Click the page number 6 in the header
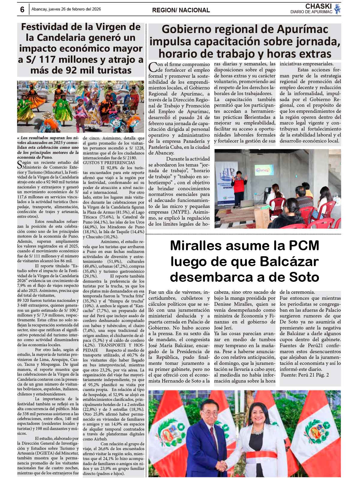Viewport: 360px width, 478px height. (x=22, y=10)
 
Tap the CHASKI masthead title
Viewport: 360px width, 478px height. (x=318, y=6)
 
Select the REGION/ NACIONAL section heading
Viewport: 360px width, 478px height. (x=181, y=10)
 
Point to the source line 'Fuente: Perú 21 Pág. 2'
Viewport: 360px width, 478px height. (x=305, y=375)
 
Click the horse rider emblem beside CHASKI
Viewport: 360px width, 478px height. (x=337, y=9)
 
